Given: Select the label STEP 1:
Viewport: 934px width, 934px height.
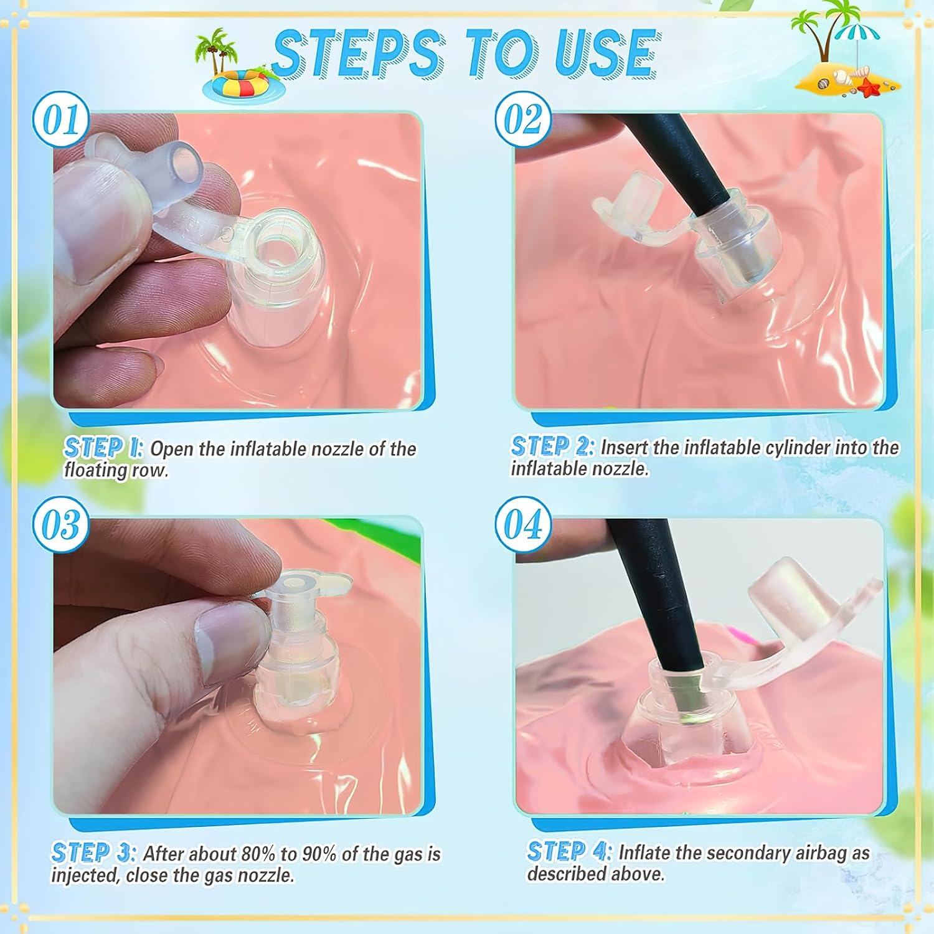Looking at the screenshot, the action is [104, 448].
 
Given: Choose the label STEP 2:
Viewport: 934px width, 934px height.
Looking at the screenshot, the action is [552, 446].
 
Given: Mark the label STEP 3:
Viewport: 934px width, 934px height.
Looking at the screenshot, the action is [93, 852].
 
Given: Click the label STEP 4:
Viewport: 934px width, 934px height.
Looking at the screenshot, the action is [570, 851].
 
